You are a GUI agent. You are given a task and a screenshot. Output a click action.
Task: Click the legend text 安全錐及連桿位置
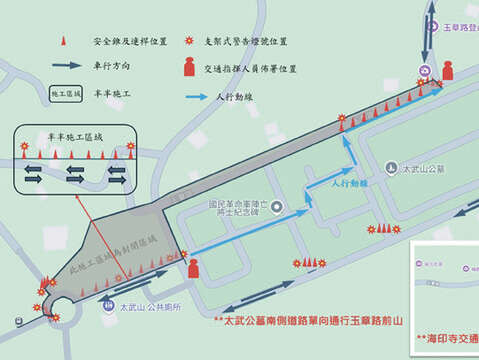tap(125, 43)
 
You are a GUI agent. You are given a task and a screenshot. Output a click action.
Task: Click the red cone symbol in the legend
tap(63, 43)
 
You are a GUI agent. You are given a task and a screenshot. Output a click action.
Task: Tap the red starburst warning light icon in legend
tap(190, 42)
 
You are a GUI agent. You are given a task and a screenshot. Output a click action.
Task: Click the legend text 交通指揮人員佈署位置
tap(252, 69)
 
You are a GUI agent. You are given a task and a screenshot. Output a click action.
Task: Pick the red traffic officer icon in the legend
tap(190, 69)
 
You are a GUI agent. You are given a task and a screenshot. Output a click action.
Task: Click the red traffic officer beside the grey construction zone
tap(194, 267)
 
